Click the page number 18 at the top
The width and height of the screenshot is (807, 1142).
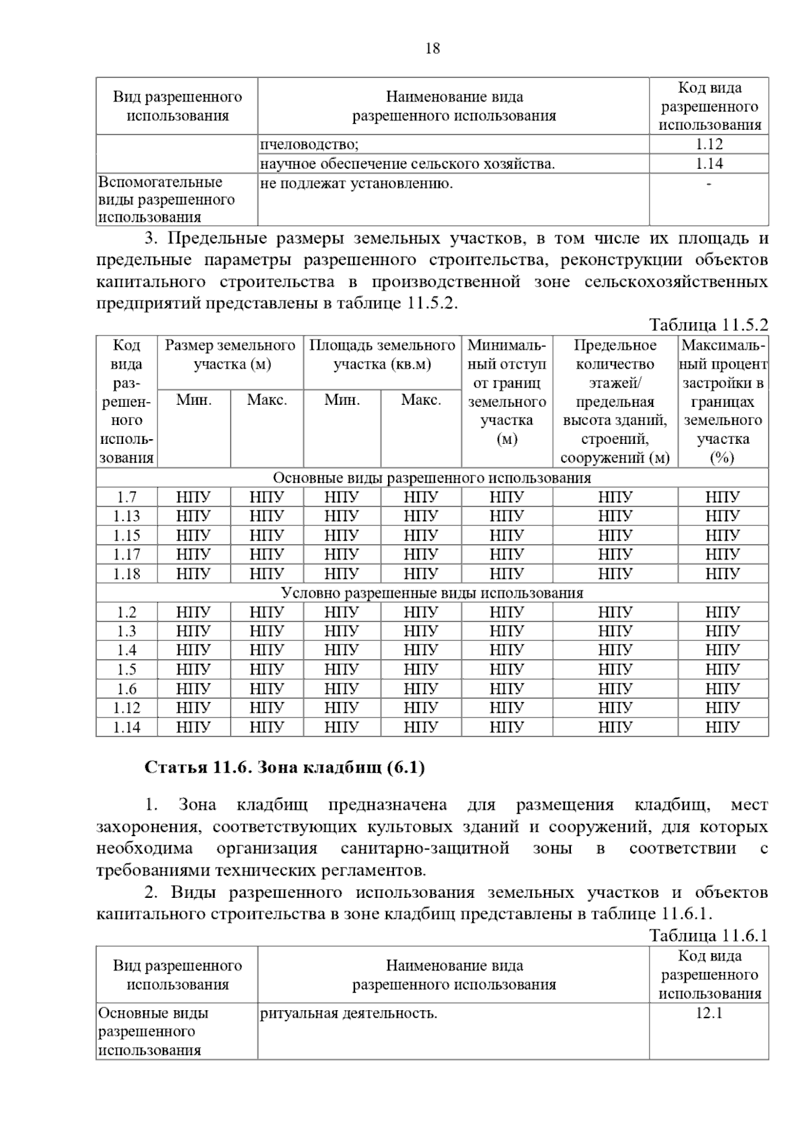coord(432,48)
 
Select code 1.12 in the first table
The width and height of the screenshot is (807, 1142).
coord(709,144)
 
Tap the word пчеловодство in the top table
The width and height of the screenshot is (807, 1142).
coord(309,144)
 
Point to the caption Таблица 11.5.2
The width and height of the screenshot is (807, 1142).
coord(708,325)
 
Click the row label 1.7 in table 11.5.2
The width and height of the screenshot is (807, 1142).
coord(126,497)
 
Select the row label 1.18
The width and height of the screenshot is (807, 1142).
coord(126,574)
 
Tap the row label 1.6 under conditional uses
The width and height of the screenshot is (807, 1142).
coord(126,689)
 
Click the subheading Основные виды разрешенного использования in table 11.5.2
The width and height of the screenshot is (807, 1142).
coord(432,478)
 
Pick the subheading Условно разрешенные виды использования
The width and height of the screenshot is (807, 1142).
coord(432,593)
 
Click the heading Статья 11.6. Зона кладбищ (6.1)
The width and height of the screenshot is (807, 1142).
coord(284,767)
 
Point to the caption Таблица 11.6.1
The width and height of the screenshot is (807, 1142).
coord(708,936)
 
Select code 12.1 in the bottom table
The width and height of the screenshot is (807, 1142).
coord(709,1013)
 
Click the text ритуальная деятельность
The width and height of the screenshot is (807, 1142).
coord(348,1013)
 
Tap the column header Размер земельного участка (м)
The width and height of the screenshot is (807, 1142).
coord(230,354)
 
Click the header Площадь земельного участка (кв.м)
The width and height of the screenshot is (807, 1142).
coord(382,354)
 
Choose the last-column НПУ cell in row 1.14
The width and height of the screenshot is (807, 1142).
coord(722,727)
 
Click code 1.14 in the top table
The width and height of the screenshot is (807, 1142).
coord(709,163)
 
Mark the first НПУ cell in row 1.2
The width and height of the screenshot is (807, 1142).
coord(194,612)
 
